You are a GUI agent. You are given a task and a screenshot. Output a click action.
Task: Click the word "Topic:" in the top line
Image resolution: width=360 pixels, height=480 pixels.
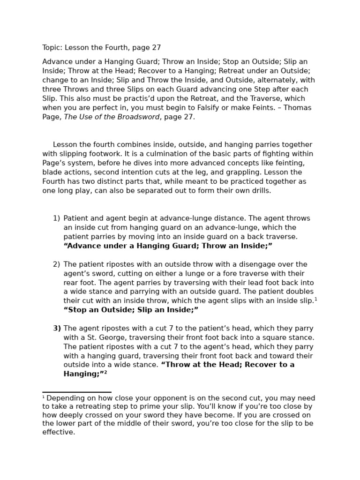coord(52,48)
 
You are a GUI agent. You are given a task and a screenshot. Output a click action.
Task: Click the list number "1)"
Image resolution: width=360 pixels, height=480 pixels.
coord(56,218)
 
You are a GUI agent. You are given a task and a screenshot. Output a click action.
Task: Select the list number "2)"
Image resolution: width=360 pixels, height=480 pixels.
coord(56,264)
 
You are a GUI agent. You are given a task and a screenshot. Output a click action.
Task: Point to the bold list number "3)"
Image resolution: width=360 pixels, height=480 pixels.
coord(57,329)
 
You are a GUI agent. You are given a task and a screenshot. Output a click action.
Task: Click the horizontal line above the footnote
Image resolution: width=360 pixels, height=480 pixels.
coord(77,392)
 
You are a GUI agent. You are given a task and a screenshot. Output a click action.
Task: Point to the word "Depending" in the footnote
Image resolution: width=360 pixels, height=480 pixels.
coord(66,398)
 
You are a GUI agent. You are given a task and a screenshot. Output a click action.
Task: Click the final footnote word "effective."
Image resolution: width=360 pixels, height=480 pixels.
coord(59,432)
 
